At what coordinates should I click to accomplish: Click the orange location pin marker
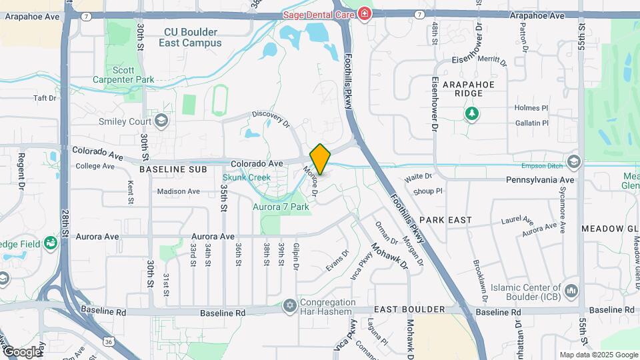pyautogui.click(x=321, y=159)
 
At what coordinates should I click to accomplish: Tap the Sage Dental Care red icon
pyautogui.click(x=365, y=13)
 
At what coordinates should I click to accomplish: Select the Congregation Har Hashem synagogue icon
pyautogui.click(x=289, y=305)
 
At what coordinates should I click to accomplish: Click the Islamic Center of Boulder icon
pyautogui.click(x=571, y=291)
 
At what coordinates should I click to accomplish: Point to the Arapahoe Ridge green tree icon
pyautogui.click(x=472, y=113)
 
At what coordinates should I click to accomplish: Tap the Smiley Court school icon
pyautogui.click(x=161, y=121)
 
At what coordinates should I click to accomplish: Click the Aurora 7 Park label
pyautogui.click(x=281, y=207)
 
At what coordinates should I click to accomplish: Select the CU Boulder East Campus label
pyautogui.click(x=190, y=37)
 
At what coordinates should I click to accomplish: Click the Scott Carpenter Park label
pyautogui.click(x=124, y=75)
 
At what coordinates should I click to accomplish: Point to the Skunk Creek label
pyautogui.click(x=247, y=177)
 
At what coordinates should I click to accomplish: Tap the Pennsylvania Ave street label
pyautogui.click(x=540, y=180)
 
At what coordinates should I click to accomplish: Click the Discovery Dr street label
pyautogui.click(x=271, y=119)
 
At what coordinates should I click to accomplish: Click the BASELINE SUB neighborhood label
pyautogui.click(x=169, y=170)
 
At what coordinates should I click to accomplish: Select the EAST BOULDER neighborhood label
pyautogui.click(x=409, y=309)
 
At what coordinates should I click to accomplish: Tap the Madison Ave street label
pyautogui.click(x=178, y=191)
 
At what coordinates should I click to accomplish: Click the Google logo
pyautogui.click(x=22, y=351)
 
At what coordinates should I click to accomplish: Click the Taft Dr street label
pyautogui.click(x=45, y=98)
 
